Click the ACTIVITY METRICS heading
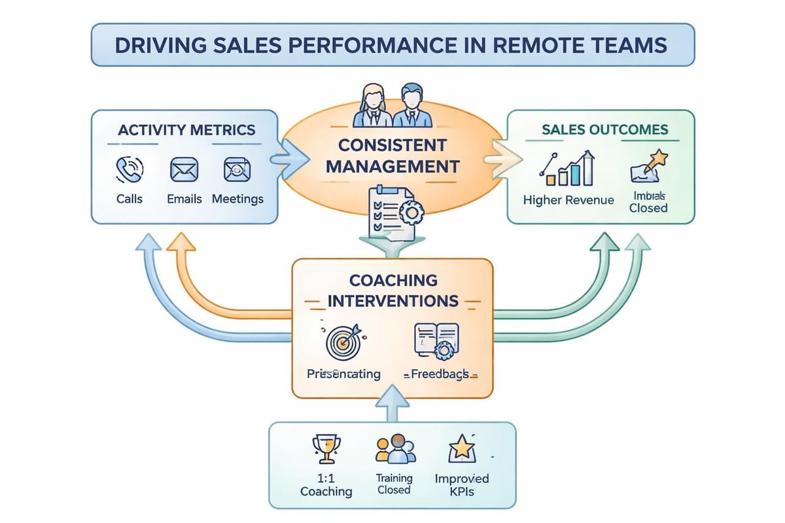pos(186,129)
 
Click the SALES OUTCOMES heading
pos(605,129)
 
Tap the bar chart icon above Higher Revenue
pos(567,169)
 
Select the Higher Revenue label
pos(568,200)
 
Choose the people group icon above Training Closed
pos(394,450)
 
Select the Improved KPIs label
pos(462,485)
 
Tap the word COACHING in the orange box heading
pos(392,280)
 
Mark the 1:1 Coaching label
pos(326,485)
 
